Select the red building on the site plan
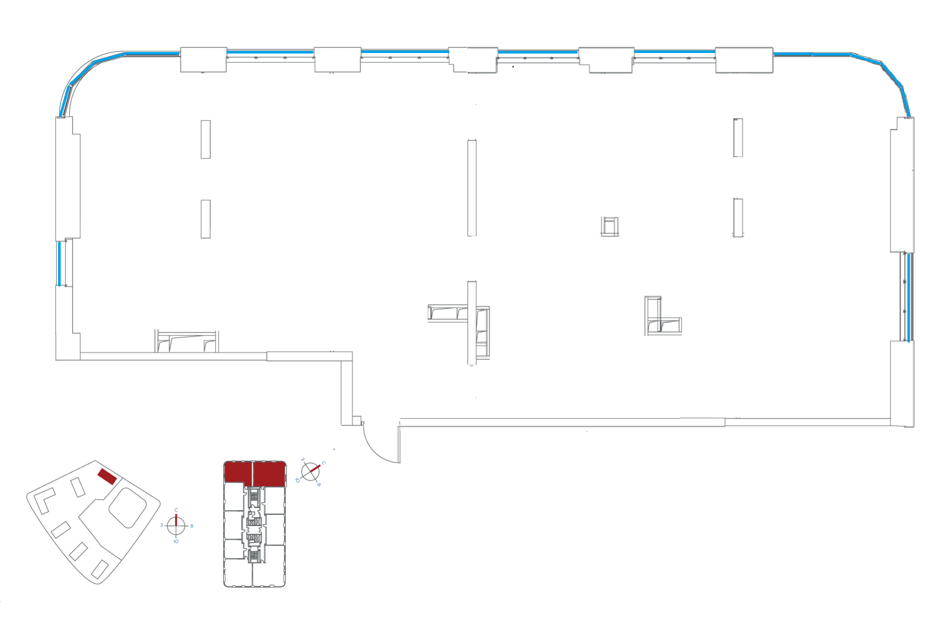pyautogui.click(x=107, y=476)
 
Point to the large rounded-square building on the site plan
pyautogui.click(x=127, y=507)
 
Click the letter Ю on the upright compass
pyautogui.click(x=176, y=541)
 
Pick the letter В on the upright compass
pyautogui.click(x=192, y=526)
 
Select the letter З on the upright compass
pyautogui.click(x=162, y=525)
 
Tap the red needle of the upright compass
pyautogui.click(x=176, y=520)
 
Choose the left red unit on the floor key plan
pyautogui.click(x=238, y=472)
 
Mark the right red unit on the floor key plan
pyautogui.click(x=269, y=473)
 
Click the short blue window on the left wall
pyautogui.click(x=60, y=264)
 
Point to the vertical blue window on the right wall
pyautogui.click(x=908, y=297)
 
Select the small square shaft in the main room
pyautogui.click(x=609, y=226)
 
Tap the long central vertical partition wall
pyautogui.click(x=472, y=188)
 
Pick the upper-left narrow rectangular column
pyautogui.click(x=205, y=139)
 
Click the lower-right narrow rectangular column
pyautogui.click(x=738, y=218)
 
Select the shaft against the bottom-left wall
pyautogui.click(x=187, y=341)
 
